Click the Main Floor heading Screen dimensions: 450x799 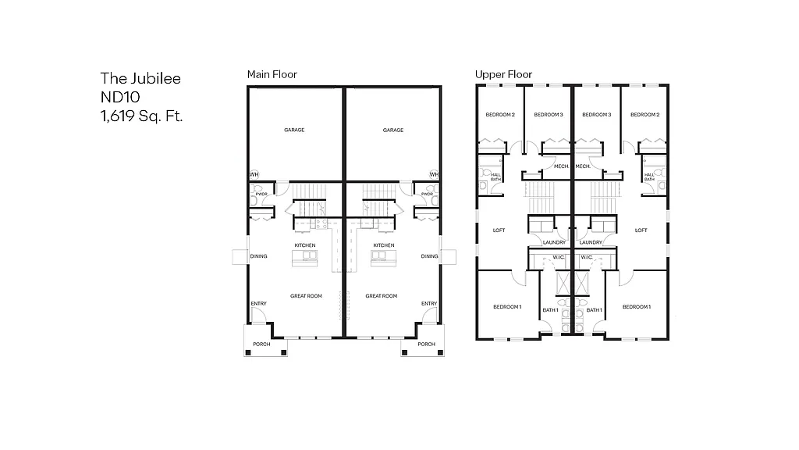[x=272, y=74]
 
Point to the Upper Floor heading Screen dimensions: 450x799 [x=503, y=74]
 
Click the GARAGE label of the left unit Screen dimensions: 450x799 [x=294, y=130]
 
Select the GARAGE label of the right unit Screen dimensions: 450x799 [x=393, y=130]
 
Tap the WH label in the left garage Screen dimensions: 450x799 [x=254, y=174]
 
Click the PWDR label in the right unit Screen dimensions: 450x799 [x=427, y=194]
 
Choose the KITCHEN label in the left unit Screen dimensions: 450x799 [x=305, y=245]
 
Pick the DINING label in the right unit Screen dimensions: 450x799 [x=429, y=256]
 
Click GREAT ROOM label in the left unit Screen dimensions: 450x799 [x=306, y=296]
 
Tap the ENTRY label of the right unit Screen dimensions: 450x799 [x=429, y=304]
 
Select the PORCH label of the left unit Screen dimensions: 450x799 [x=261, y=345]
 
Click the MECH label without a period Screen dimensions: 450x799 [x=560, y=166]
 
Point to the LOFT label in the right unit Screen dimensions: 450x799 [x=641, y=230]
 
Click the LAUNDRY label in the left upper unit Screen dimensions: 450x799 [x=554, y=242]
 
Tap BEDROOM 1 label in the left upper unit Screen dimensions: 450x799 [x=507, y=307]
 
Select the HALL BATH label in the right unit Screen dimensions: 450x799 [x=649, y=177]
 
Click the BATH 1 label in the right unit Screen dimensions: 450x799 [x=595, y=311]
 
